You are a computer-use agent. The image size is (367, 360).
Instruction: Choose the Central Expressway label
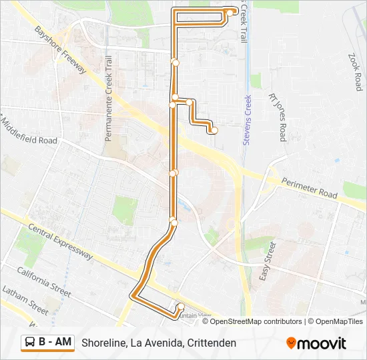click(x=60, y=241)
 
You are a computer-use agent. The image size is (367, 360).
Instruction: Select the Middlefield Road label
click(x=29, y=131)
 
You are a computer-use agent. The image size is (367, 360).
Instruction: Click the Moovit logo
click(x=316, y=343)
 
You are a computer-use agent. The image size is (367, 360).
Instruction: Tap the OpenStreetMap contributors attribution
click(x=256, y=321)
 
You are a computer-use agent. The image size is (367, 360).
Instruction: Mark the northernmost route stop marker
click(x=230, y=12)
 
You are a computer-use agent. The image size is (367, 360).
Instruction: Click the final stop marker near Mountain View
click(x=181, y=307)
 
